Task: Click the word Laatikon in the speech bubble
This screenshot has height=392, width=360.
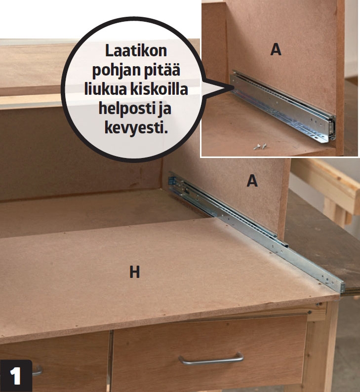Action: pyautogui.click(x=136, y=51)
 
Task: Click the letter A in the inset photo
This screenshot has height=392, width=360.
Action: pyautogui.click(x=276, y=49)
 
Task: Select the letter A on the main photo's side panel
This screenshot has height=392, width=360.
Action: pyautogui.click(x=252, y=181)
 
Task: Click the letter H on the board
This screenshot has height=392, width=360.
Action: pyautogui.click(x=134, y=272)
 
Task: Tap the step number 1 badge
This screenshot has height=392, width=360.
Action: pyautogui.click(x=16, y=376)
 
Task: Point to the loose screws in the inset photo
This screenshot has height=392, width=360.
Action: pyautogui.click(x=260, y=146)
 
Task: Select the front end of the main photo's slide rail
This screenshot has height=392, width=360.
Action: pyautogui.click(x=342, y=287)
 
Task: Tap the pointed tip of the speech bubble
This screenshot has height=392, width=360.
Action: pyautogui.click(x=234, y=87)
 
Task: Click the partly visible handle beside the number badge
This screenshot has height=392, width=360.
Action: pyautogui.click(x=37, y=371)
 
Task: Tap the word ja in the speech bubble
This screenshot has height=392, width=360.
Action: pyautogui.click(x=164, y=109)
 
